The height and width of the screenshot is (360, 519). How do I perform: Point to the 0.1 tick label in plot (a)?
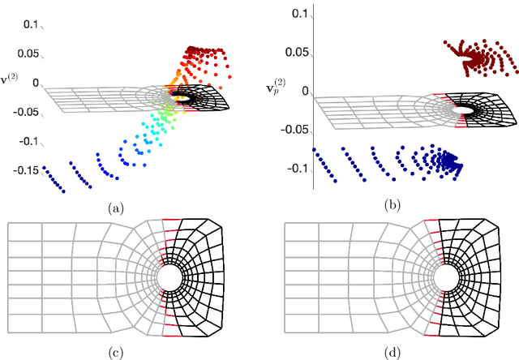pyautogui.click(x=31, y=25)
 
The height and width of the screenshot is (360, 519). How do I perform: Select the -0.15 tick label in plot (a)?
pyautogui.click(x=24, y=170)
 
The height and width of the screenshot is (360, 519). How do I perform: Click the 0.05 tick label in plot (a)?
pyautogui.click(x=28, y=54)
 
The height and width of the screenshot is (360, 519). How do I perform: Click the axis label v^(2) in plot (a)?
pyautogui.click(x=12, y=82)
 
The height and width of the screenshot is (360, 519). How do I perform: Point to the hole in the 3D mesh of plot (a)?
pyautogui.click(x=180, y=98)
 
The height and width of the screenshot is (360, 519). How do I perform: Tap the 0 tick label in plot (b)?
pyautogui.click(x=306, y=92)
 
